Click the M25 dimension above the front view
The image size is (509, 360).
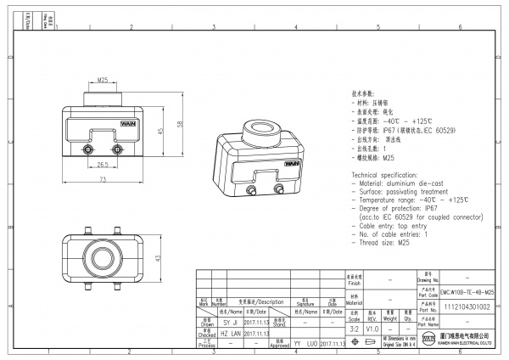[103, 80]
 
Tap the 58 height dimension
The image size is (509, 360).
[178, 124]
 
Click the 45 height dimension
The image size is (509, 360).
[160, 131]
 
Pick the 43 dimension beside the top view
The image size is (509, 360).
[157, 257]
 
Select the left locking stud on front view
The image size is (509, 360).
[87, 150]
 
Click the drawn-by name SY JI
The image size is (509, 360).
[230, 323]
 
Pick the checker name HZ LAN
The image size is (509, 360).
[230, 335]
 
